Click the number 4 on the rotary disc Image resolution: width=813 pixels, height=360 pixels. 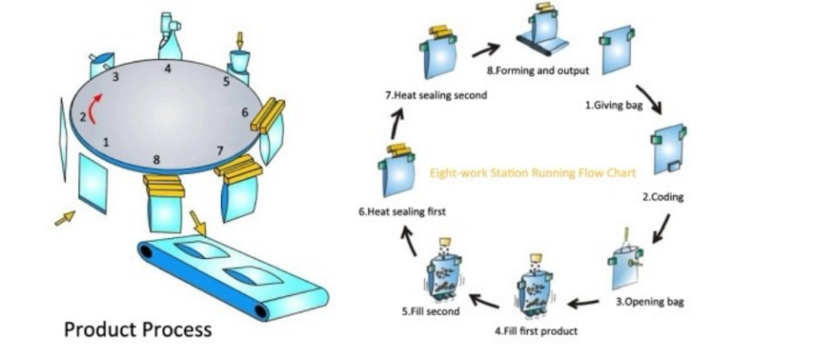167,69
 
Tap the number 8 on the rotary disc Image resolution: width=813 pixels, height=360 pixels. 157,160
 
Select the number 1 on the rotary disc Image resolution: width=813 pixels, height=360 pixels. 106,142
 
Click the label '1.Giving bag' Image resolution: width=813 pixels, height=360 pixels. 613,105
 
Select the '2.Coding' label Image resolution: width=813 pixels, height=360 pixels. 662,197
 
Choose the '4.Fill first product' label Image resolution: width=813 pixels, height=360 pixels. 536,330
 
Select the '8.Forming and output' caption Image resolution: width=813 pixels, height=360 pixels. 537,69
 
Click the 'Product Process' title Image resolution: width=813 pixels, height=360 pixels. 137,329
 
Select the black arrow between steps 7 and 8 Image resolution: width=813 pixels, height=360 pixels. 485,50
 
